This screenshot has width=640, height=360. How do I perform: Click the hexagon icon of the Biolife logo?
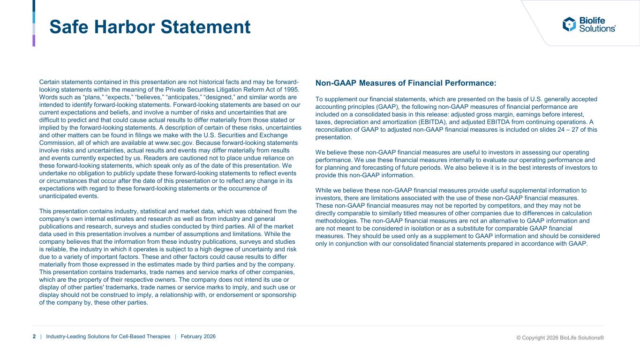coord(569,24)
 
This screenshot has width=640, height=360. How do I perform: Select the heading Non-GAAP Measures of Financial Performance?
coord(406,83)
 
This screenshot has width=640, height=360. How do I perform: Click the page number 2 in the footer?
coord(34,337)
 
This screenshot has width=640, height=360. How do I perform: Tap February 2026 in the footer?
coord(198,337)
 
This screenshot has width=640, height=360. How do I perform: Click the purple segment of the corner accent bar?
coord(34,40)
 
